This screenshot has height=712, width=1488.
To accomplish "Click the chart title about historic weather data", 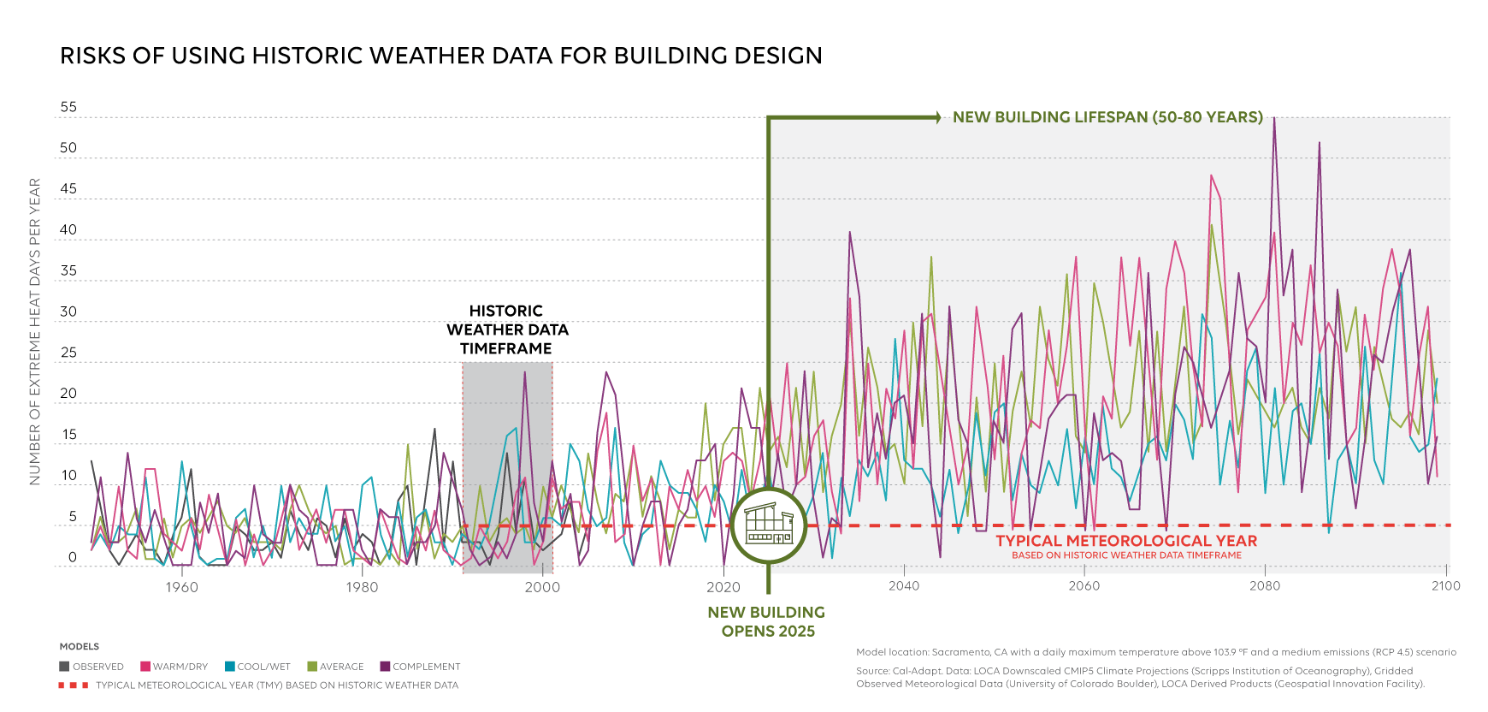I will pos(440,56).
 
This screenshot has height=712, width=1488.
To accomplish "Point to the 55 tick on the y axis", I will pos(68,107).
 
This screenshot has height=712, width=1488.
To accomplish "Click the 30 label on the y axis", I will pos(68,311).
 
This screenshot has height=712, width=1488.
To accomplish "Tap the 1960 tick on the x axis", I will pos(181,587).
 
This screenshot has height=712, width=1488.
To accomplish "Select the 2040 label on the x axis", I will pos(904,586).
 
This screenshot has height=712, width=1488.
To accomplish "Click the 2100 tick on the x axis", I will pos(1446,586).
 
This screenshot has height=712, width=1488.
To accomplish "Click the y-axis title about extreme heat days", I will pos(35,332).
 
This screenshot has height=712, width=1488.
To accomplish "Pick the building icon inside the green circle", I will pos(768,525).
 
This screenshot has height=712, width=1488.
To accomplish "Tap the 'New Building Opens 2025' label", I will pos(767,622).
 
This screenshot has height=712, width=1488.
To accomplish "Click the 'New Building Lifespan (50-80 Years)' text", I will pos(1107,117).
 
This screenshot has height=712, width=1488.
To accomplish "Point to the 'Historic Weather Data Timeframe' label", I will pos(507,329).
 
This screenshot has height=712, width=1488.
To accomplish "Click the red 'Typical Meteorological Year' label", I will pos(1126,541).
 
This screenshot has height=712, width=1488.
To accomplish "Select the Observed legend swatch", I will pos(64,667).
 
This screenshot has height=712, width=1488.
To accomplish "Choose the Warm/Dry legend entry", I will pos(174,667).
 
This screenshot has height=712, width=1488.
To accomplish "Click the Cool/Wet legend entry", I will pos(258,667).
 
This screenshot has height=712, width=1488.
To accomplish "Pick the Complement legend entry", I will pos(421,667).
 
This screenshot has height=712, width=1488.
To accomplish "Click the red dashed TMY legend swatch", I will pos(74,685).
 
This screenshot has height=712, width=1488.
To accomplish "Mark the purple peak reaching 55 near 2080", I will pos(1274,119).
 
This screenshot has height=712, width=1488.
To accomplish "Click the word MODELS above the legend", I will pos(80,647).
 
